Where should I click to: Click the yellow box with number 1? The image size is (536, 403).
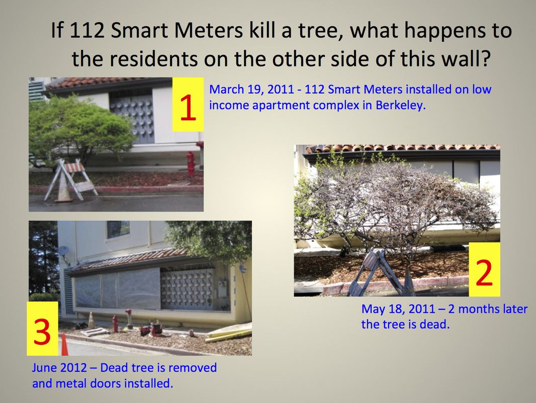click(x=188, y=104)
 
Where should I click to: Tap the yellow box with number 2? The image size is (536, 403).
click(x=484, y=270)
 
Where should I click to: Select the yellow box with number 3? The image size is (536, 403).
click(x=42, y=328)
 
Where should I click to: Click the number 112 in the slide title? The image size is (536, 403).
click(x=87, y=30)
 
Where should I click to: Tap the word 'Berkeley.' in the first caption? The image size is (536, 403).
click(x=401, y=105)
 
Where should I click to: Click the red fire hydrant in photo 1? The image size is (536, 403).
click(x=191, y=164)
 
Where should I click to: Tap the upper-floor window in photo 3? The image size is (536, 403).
click(x=118, y=229)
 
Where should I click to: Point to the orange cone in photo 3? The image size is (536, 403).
click(x=64, y=344)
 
